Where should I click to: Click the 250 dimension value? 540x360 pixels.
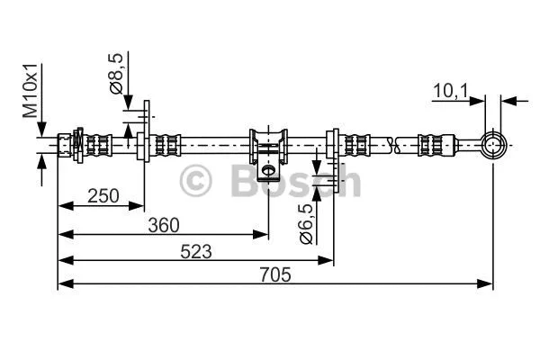[103, 196]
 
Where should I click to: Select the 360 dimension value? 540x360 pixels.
[163, 224]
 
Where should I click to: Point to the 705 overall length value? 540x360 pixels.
[275, 277]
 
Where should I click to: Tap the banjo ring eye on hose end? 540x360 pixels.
[492, 143]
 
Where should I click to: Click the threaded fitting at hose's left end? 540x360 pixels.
[67, 143]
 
